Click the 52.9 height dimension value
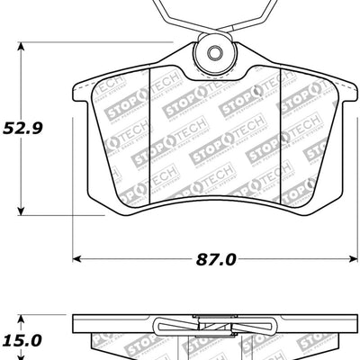coord(24,128)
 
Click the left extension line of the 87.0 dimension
coord(72,234)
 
